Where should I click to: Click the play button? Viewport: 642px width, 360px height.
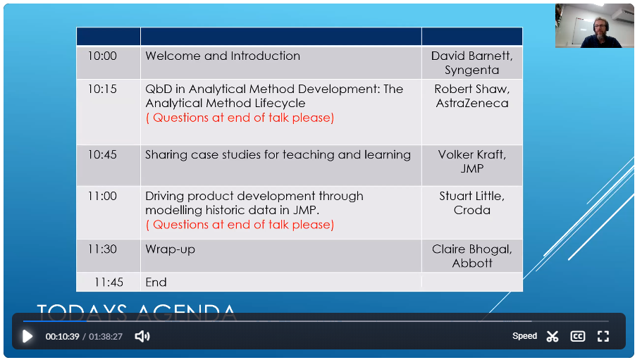[27, 336]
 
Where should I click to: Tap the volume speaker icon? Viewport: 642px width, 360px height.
[142, 336]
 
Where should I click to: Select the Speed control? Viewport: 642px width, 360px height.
[524, 336]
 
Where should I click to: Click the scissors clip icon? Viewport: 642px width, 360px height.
[553, 336]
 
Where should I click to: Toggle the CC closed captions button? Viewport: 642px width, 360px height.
[578, 336]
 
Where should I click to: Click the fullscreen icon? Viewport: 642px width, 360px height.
[603, 336]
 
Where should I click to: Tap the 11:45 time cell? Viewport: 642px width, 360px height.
[109, 283]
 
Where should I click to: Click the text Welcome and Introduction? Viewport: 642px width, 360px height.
[223, 56]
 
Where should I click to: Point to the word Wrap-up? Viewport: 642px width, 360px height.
[171, 249]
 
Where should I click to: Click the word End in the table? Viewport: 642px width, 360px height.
[156, 283]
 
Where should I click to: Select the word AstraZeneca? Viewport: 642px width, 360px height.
[472, 103]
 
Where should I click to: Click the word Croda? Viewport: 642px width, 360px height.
[472, 210]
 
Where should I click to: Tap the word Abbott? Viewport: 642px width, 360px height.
[472, 263]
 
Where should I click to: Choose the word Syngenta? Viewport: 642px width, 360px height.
[472, 70]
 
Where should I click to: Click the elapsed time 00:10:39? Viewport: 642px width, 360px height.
[62, 336]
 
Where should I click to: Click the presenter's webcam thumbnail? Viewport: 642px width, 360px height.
[595, 26]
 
